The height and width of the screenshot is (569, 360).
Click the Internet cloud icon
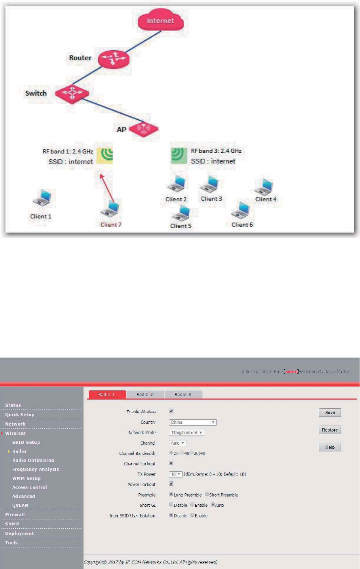(160, 21)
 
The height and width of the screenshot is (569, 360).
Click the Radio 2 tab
(145, 394)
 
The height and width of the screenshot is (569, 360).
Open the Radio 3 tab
(183, 394)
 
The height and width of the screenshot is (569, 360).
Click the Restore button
(330, 430)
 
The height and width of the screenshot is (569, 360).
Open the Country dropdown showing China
(193, 422)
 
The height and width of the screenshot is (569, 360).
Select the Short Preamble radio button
(207, 495)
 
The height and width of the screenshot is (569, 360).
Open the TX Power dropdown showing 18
(176, 474)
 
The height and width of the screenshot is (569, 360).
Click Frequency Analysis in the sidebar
(36, 469)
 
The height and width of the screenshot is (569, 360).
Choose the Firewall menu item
(15, 515)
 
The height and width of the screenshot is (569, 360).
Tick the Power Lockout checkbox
(171, 484)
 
